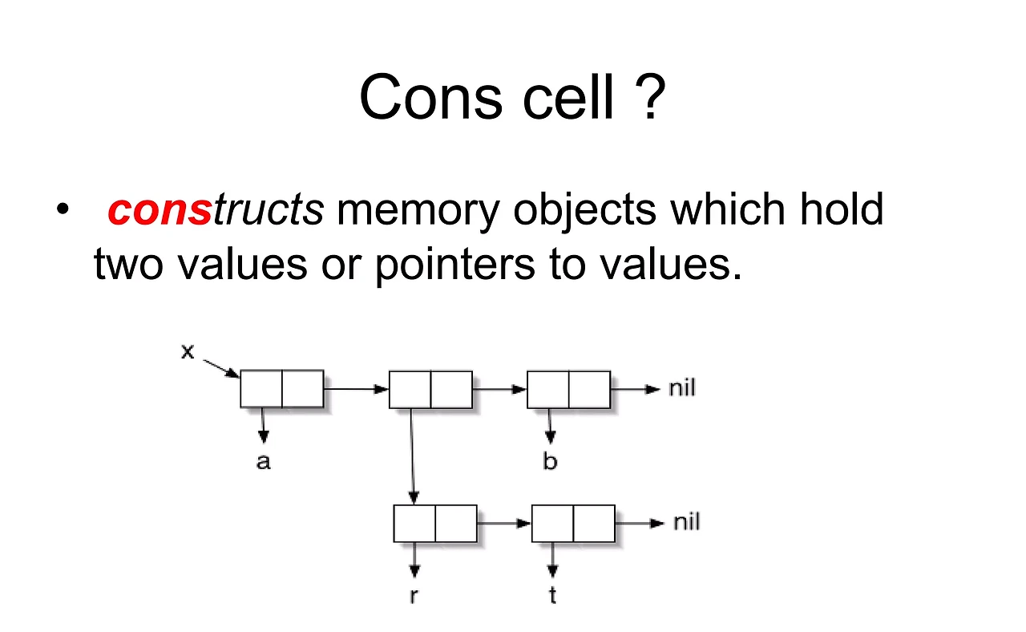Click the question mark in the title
tap(652, 98)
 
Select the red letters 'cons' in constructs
tap(160, 210)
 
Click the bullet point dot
tap(63, 210)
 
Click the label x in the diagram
tap(188, 351)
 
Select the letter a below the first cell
tap(263, 462)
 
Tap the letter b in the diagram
tap(550, 461)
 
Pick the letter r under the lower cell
tap(414, 597)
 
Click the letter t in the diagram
tap(553, 596)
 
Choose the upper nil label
tap(682, 389)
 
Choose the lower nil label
tap(686, 523)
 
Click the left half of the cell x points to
tap(261, 389)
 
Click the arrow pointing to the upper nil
tap(637, 389)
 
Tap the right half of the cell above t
tap(594, 524)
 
